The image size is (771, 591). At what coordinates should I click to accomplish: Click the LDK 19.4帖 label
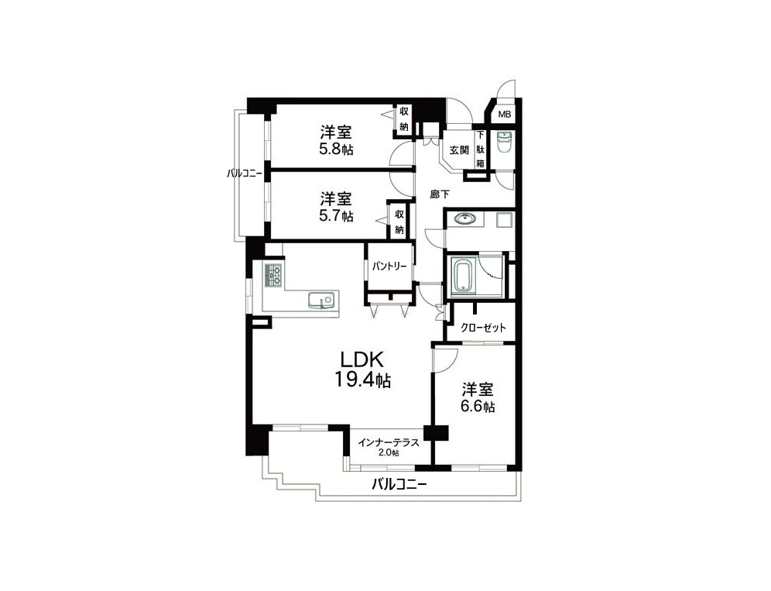[x=363, y=369]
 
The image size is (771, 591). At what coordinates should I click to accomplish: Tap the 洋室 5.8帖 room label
[x=336, y=140]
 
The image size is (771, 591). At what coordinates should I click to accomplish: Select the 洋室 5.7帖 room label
[x=336, y=207]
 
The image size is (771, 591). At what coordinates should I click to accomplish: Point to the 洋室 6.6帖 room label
[x=478, y=397]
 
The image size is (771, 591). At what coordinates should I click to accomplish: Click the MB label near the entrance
[x=505, y=114]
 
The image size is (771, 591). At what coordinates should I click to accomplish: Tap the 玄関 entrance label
[x=459, y=150]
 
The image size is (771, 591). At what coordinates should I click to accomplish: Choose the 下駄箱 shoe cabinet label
[x=481, y=149]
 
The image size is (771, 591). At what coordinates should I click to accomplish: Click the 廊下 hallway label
[x=440, y=194]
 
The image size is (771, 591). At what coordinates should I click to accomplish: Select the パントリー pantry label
[x=389, y=266]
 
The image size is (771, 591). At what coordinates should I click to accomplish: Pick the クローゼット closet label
[x=483, y=328]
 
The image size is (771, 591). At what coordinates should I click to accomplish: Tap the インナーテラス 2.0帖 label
[x=389, y=447]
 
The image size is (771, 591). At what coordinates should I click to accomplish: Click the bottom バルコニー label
[x=399, y=484]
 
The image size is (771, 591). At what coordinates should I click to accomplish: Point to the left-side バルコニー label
[x=245, y=174]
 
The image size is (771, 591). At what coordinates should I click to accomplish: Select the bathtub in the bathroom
[x=462, y=277]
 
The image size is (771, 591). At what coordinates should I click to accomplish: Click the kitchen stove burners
[x=273, y=275]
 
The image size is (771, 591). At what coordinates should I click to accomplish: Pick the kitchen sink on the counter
[x=321, y=300]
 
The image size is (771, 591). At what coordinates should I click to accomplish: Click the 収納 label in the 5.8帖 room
[x=404, y=119]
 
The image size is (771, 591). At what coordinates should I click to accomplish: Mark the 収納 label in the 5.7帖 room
[x=399, y=222]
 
